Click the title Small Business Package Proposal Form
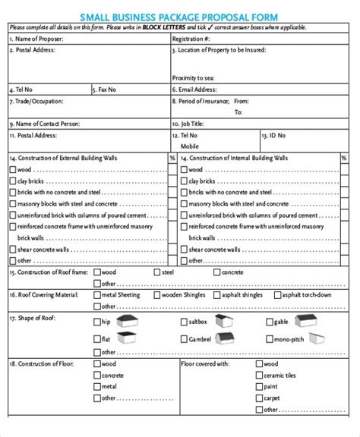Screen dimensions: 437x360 tap(180, 16)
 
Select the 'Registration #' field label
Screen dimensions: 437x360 tap(191, 38)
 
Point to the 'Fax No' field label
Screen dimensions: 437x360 tap(106, 90)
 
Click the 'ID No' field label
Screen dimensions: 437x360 tap(274, 135)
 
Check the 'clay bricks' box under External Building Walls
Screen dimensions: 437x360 tap(13, 181)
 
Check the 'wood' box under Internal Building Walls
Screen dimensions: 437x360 tap(183, 170)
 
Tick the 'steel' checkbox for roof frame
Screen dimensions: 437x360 tap(157, 272)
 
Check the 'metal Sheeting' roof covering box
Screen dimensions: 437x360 tap(96, 294)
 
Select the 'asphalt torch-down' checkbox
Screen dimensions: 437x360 tap(276, 294)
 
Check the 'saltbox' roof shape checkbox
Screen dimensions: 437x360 tap(183, 322)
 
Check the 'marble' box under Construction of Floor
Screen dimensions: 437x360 tap(96, 386)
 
